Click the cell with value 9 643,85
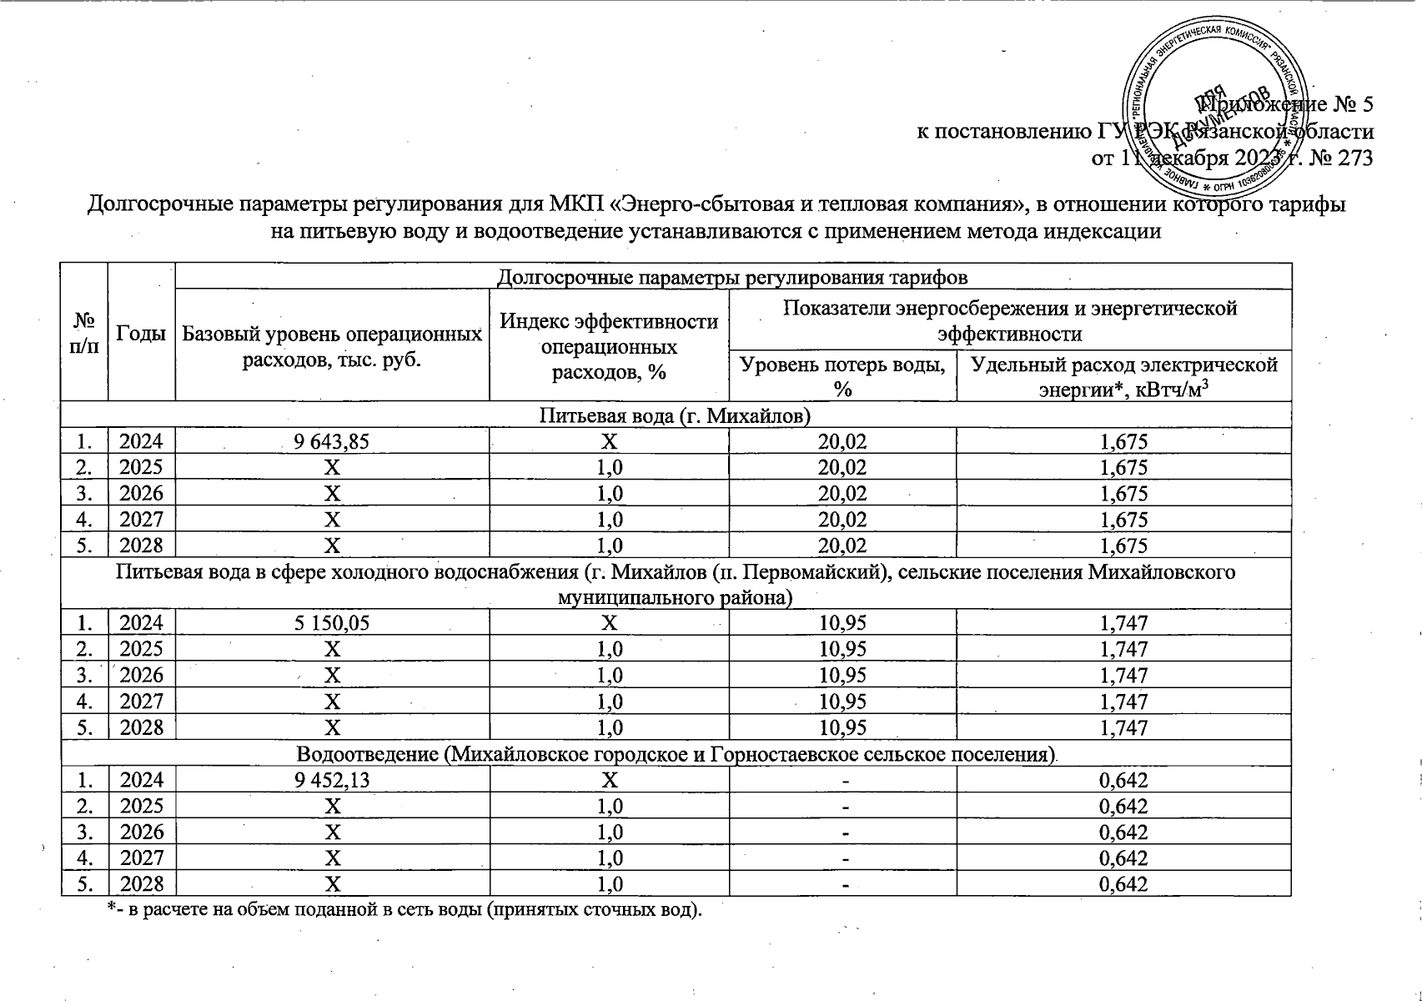pyautogui.click(x=331, y=442)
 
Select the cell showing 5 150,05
pyautogui.click(x=331, y=623)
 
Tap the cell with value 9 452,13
pyautogui.click(x=331, y=780)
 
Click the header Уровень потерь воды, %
pyautogui.click(x=842, y=376)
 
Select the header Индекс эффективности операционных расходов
pyautogui.click(x=608, y=346)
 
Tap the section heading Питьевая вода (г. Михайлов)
pyautogui.click(x=675, y=415)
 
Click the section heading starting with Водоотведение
pyautogui.click(x=675, y=755)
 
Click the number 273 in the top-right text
pyautogui.click(x=1354, y=158)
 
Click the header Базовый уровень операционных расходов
pyautogui.click(x=331, y=346)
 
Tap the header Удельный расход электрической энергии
pyautogui.click(x=1123, y=376)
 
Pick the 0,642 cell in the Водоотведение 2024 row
pyautogui.click(x=1123, y=780)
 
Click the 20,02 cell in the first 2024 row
pyautogui.click(x=842, y=442)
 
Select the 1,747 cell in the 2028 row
pyautogui.click(x=1123, y=728)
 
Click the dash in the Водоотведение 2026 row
pyautogui.click(x=845, y=832)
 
